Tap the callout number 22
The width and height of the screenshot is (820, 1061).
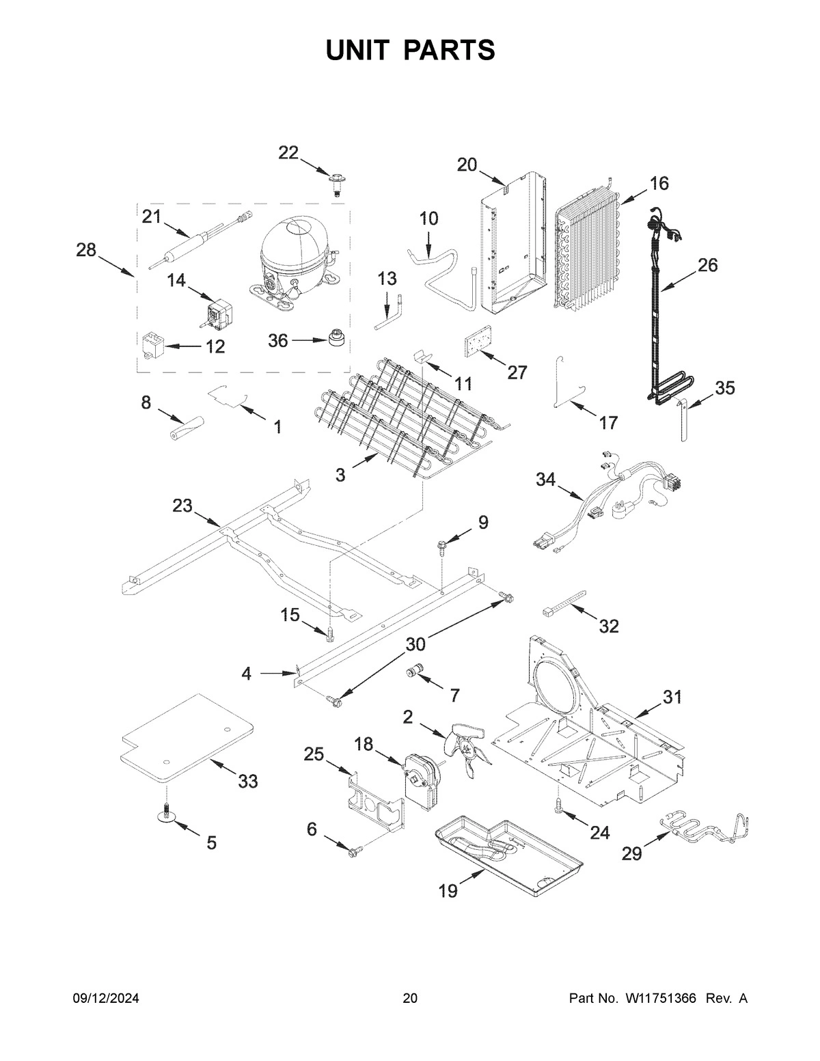[x=288, y=153]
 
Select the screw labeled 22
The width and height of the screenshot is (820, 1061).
[x=335, y=183]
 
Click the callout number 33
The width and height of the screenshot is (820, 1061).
[x=247, y=781]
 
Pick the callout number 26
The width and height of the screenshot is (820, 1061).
[x=707, y=265]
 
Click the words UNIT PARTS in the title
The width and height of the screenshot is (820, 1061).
[x=410, y=51]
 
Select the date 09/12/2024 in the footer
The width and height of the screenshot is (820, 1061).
[x=106, y=998]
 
